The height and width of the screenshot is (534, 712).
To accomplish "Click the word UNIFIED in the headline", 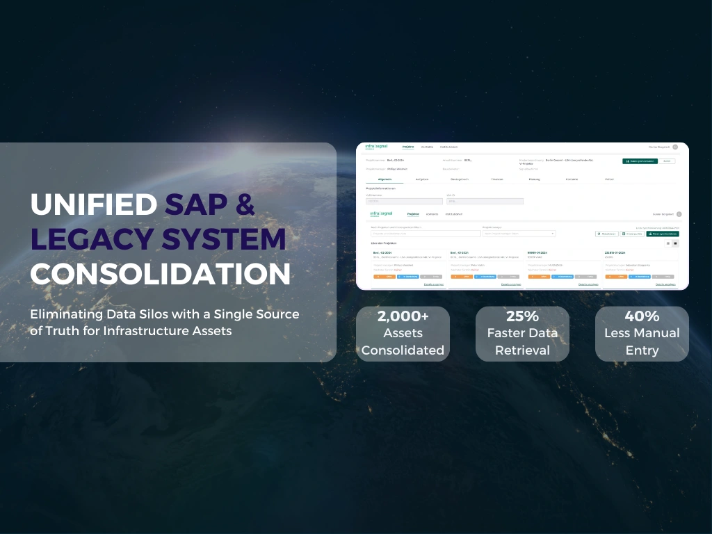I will tap(94, 204).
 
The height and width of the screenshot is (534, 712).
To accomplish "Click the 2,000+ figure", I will tap(403, 316).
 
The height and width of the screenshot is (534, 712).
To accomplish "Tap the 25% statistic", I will tap(522, 316).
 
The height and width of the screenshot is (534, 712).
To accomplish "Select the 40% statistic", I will tap(642, 316).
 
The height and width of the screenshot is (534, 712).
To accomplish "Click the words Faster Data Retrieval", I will tap(522, 341).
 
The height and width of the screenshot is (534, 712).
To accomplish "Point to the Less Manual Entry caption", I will tap(642, 341).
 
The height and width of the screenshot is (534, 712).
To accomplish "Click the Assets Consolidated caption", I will tap(403, 341).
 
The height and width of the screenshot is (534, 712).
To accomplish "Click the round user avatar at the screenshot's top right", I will tap(675, 147).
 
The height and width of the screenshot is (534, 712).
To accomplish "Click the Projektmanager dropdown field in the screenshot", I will tap(519, 234).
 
